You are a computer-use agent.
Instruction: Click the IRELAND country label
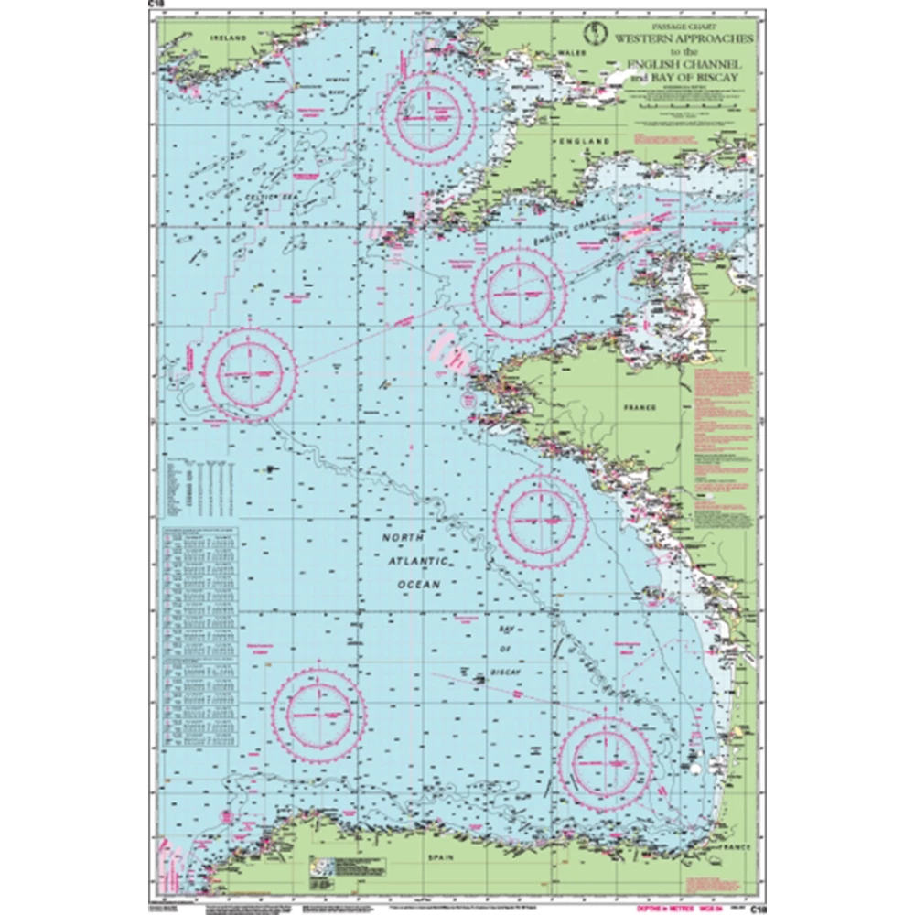point(230,39)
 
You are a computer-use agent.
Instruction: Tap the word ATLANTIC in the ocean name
point(414,561)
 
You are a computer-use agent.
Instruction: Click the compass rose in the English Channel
point(520,291)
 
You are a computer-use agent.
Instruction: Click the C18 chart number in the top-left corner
point(153,5)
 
